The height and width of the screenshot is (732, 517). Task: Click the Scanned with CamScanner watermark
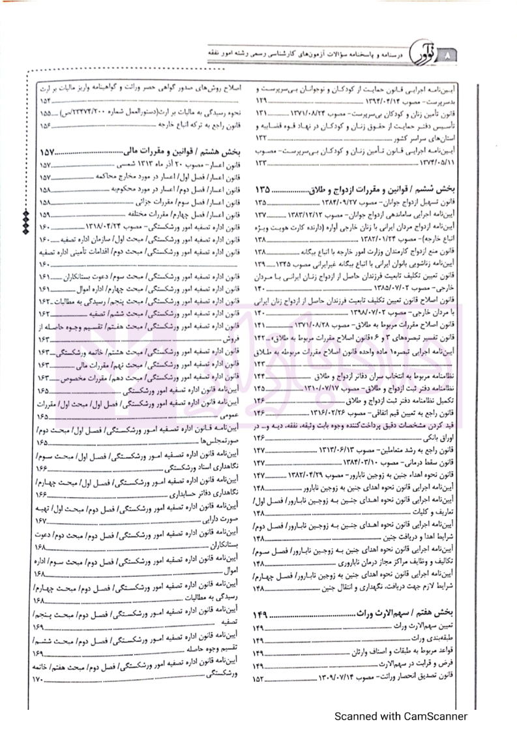point(401,716)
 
